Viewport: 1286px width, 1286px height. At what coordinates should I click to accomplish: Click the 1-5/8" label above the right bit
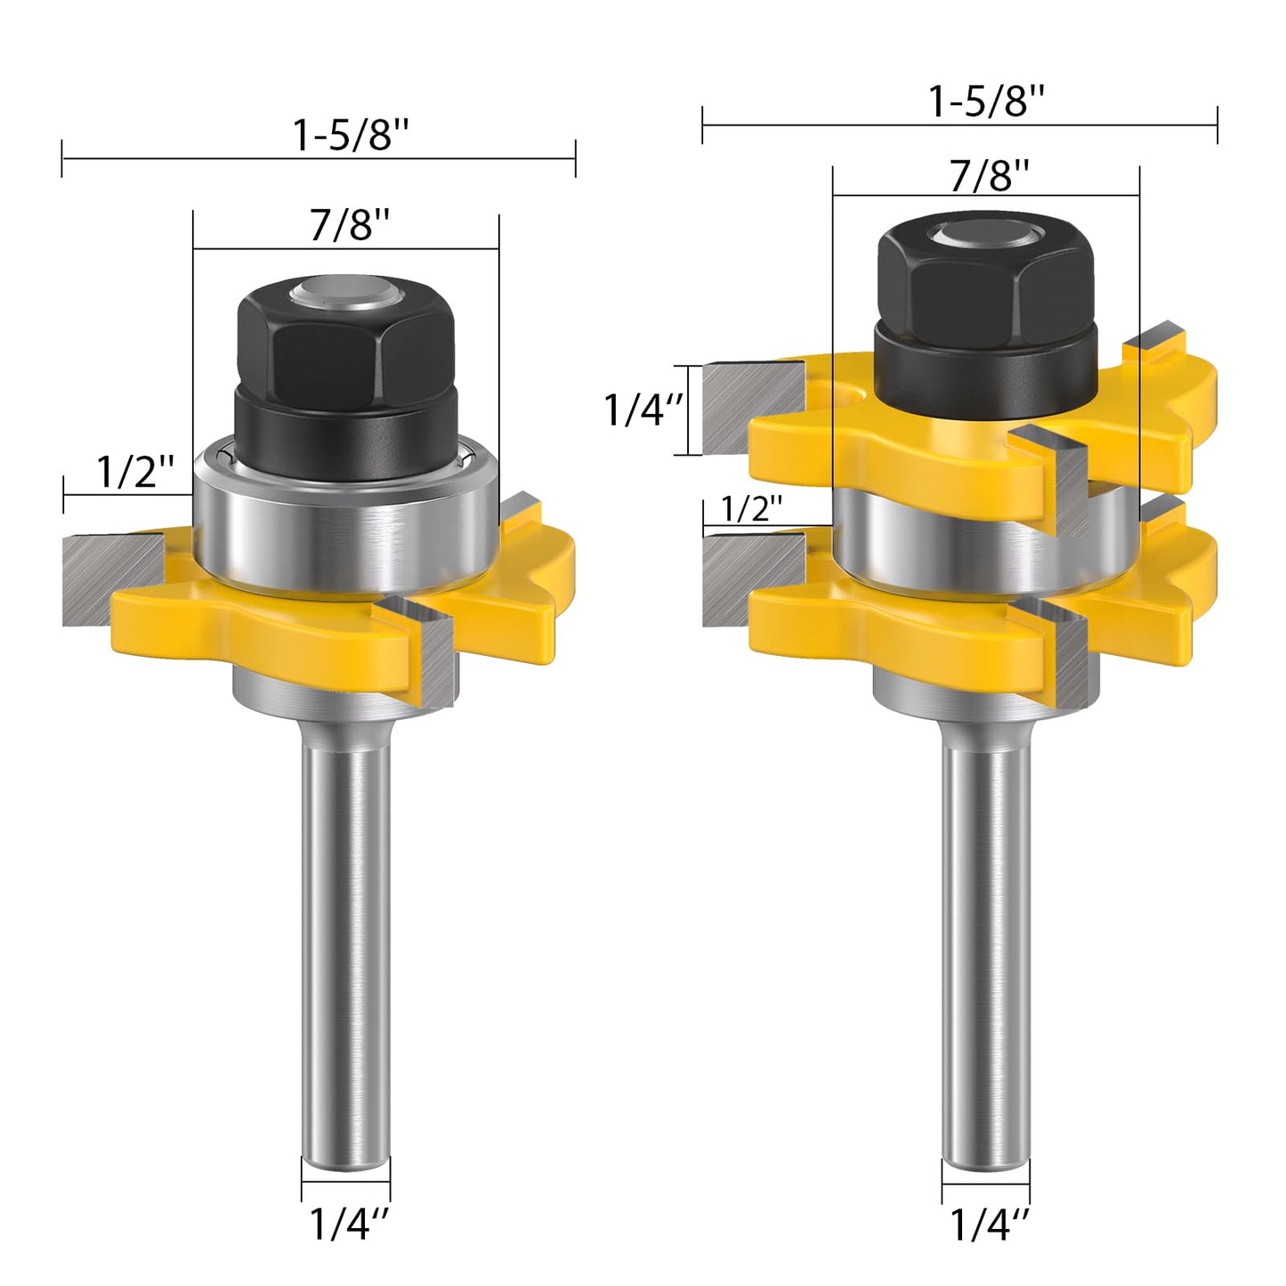985,101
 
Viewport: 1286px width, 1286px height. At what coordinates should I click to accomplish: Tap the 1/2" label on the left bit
134,471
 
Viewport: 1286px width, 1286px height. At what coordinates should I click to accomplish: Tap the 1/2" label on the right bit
751,508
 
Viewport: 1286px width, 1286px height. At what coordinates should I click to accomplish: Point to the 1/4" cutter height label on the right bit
643,409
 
